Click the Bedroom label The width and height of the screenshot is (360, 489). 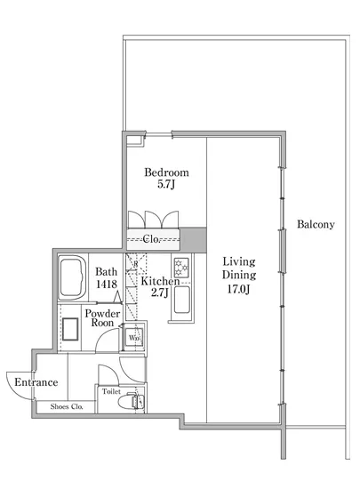[x=166, y=172]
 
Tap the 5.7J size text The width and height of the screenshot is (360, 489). [x=166, y=184]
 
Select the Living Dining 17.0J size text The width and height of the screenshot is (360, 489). [x=238, y=289]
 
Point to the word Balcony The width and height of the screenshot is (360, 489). [x=316, y=224]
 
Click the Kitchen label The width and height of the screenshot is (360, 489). [x=160, y=281]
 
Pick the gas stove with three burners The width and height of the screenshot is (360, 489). [x=181, y=268]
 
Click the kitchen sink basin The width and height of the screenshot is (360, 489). [x=181, y=300]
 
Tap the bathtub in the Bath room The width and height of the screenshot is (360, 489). [x=73, y=277]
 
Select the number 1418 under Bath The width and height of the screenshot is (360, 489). [x=107, y=284]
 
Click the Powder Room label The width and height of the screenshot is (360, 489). [x=102, y=317]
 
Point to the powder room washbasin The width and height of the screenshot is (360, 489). [x=70, y=329]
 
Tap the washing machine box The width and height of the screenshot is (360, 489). [x=134, y=337]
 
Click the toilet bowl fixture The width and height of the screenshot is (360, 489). [x=131, y=401]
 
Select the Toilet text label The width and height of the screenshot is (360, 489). [x=111, y=391]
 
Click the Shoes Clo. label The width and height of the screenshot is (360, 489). [x=67, y=406]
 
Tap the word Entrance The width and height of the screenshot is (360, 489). [x=36, y=382]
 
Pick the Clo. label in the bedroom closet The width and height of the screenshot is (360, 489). [x=151, y=239]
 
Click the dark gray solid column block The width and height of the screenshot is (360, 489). [x=193, y=240]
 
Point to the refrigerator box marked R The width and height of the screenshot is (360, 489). [x=136, y=263]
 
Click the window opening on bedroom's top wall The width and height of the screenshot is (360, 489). [x=159, y=135]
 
